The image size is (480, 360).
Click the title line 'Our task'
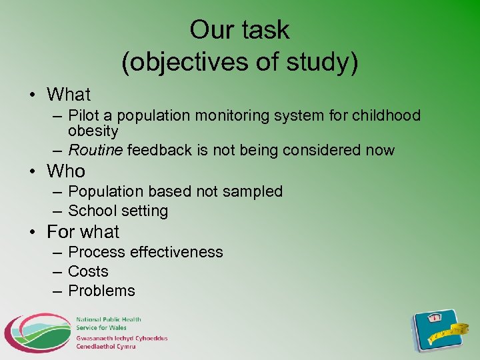pos(239,30)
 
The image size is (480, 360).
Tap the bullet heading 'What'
pos(69,95)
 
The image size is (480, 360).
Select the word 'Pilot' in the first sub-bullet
pos(84,116)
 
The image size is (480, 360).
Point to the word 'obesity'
pos(93,131)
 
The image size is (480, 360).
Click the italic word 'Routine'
pos(95,151)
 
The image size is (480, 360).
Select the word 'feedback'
pos(159,151)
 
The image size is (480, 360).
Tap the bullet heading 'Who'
pos(66,171)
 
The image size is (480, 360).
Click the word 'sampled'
pos(252,192)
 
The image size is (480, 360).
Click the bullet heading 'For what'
pos(83,232)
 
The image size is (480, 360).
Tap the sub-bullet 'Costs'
pos(88,271)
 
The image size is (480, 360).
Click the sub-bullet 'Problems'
pos(101,291)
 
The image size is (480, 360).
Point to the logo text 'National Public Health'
pos(108,320)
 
